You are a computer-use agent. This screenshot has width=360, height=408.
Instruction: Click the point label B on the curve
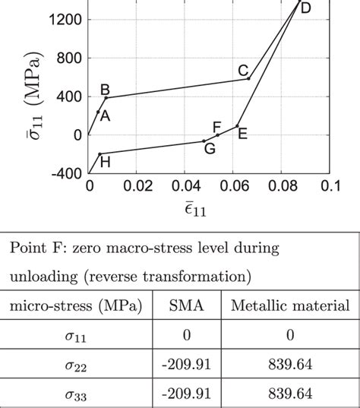[106, 88]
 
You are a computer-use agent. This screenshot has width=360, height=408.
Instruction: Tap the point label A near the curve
[105, 116]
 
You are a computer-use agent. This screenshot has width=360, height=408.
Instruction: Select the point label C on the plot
[243, 71]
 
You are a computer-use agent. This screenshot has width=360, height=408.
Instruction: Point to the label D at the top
[305, 8]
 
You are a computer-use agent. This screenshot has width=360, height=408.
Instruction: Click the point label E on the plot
[242, 134]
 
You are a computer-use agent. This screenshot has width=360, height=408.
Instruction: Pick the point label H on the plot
[105, 162]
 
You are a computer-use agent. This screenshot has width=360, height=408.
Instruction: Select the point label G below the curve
[209, 149]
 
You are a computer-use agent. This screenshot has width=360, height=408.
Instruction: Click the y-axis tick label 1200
[65, 20]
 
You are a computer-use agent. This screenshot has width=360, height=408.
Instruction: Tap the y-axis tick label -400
[65, 173]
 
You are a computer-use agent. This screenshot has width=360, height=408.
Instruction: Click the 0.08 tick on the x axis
[281, 186]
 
